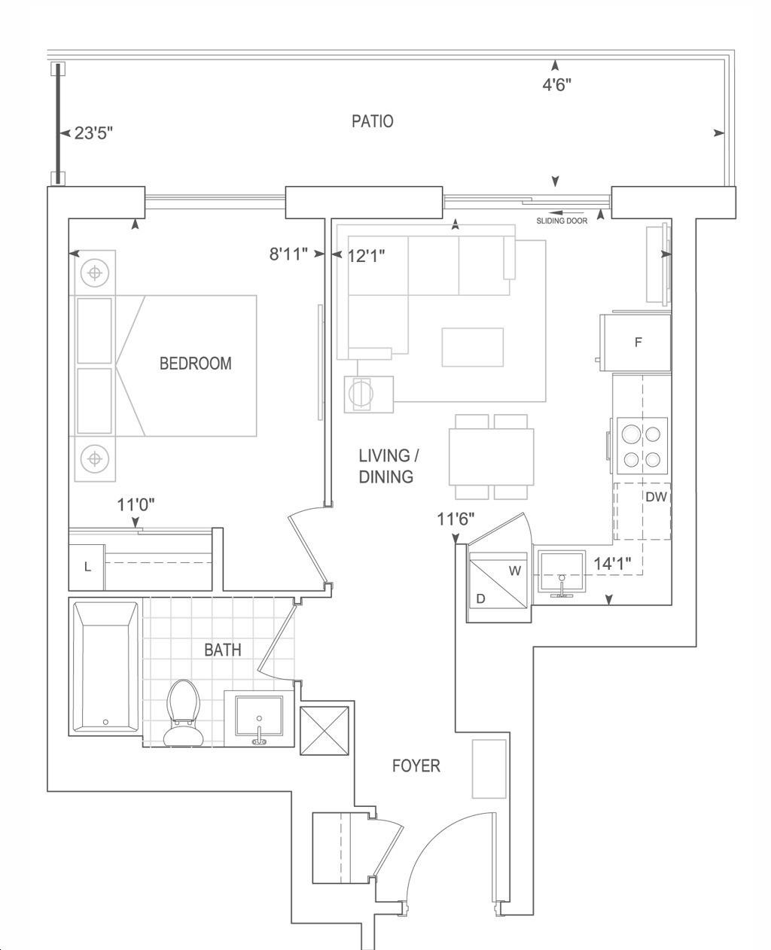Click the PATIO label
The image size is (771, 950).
(x=372, y=121)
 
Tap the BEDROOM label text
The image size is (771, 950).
(x=196, y=364)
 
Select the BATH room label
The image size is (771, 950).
(x=223, y=650)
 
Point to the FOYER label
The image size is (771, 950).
(x=416, y=766)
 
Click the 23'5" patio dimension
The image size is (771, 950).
(x=93, y=133)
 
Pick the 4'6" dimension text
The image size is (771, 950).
(x=556, y=84)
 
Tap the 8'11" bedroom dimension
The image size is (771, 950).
(x=288, y=254)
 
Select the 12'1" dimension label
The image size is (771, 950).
(x=366, y=256)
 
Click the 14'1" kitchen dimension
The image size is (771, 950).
(x=612, y=564)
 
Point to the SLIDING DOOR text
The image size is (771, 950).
(x=562, y=221)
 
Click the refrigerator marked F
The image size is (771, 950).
(x=635, y=342)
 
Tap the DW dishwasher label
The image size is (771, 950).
(x=656, y=497)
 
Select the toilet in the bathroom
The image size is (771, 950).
(x=183, y=712)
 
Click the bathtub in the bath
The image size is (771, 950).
(x=105, y=668)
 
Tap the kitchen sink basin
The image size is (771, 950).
(x=562, y=571)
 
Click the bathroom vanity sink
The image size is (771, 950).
(x=259, y=716)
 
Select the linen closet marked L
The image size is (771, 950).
(x=87, y=568)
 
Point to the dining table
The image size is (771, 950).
(x=491, y=457)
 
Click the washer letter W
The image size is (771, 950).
(x=515, y=571)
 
